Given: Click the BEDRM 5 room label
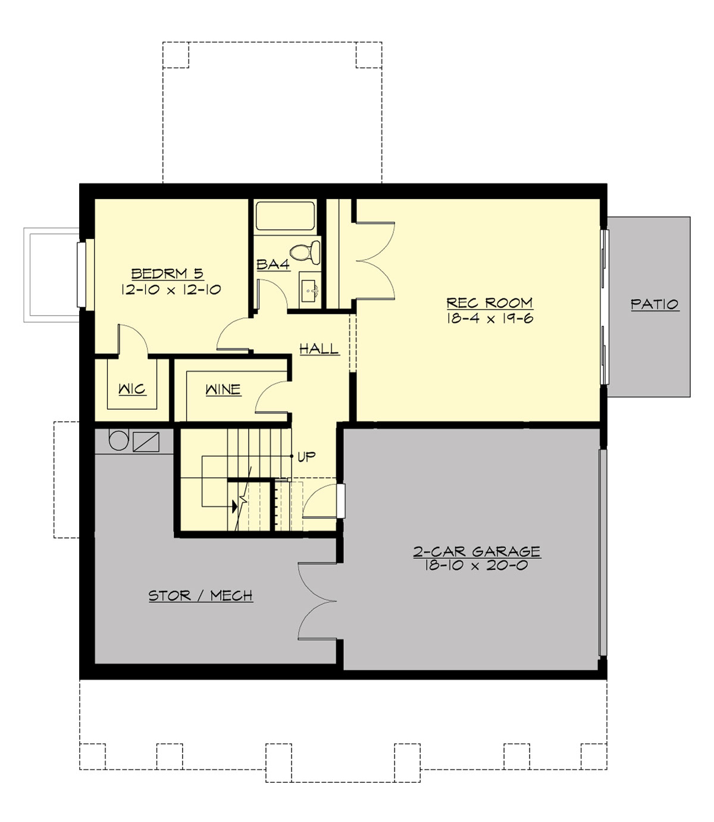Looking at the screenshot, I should coord(167,274).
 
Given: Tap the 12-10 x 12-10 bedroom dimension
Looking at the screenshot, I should coord(171,290).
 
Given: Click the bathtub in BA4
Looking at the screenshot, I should coord(285,216).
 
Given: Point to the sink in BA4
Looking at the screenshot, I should coord(309,291).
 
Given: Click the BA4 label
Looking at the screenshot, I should coord(273,264).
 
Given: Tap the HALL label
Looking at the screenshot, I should coord(319,348).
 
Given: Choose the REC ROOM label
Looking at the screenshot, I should coord(489,303).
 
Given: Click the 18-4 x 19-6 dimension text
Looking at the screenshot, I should coord(489,318).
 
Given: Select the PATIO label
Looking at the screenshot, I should coord(654,304).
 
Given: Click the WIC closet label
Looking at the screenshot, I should coord(132,389).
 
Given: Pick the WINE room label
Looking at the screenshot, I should coord(223,390).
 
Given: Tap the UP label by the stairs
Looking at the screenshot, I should coord(306,457).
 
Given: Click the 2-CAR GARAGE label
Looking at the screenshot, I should coord(477,552).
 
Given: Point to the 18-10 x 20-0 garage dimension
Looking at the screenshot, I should coord(476,566).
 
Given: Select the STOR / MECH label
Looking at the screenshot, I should coord(201,596).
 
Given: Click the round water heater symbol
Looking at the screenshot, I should coord(118,441).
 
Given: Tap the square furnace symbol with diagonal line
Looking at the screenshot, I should coord(146,441).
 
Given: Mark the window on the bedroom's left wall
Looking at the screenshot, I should coord(82,273).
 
